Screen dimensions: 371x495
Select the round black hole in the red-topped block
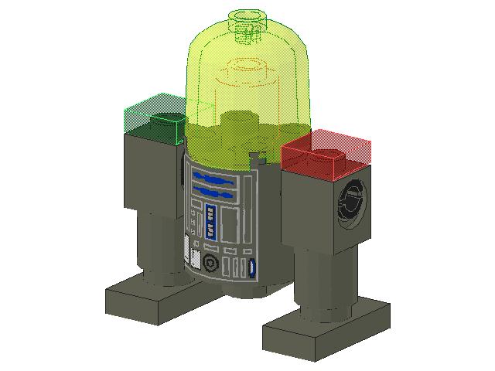coord(352,204)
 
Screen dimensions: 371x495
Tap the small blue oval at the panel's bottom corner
coord(252,269)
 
